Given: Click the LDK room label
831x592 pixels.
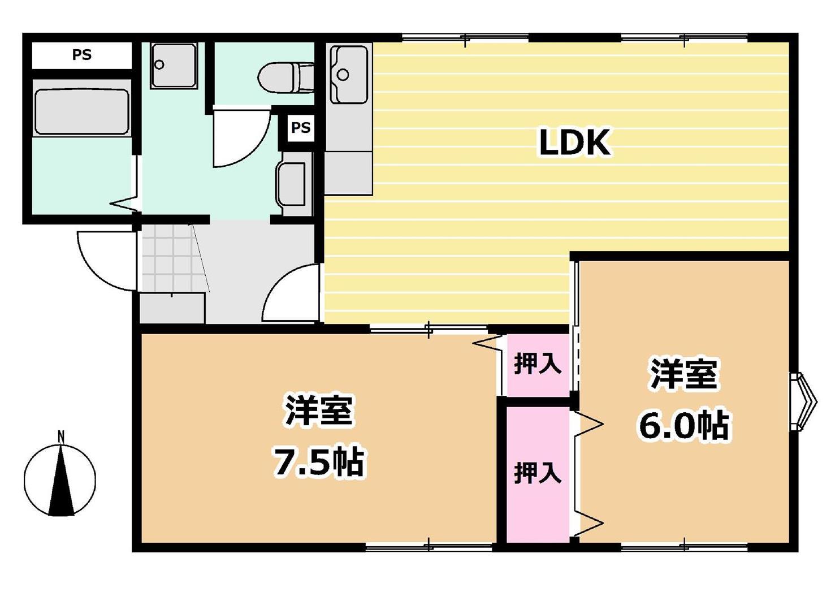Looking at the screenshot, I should click(574, 142).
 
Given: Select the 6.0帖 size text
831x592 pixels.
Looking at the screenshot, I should click(684, 425).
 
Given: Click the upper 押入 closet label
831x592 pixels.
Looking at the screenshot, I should click(537, 365).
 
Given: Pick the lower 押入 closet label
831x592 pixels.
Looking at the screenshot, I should click(537, 472).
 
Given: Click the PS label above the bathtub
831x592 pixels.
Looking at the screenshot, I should click(81, 55).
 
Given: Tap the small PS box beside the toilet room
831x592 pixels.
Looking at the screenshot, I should click(300, 128).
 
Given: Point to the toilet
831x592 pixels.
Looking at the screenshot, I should click(286, 76).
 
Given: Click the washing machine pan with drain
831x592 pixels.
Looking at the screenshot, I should click(174, 66).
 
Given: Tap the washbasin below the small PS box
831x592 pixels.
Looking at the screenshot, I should click(291, 185).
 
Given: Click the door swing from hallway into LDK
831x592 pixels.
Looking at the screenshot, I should click(291, 294).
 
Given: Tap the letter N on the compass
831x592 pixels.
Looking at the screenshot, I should click(60, 437).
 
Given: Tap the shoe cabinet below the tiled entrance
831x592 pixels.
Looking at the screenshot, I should click(172, 308).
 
